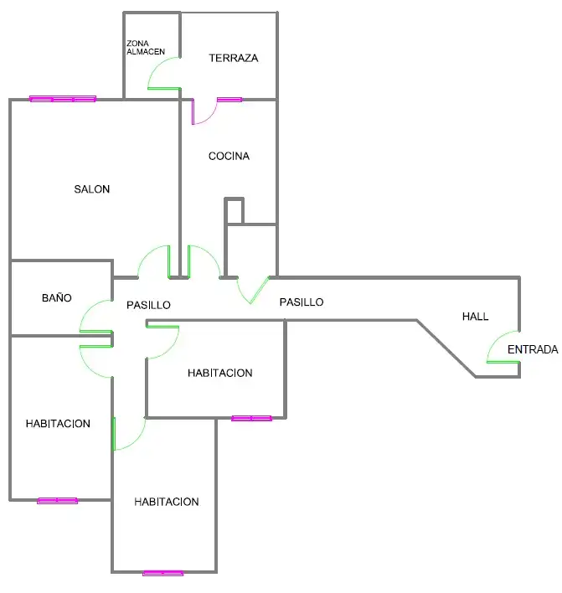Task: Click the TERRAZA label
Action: (x=234, y=58)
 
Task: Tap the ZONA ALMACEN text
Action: (x=146, y=48)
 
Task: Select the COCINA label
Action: (x=229, y=156)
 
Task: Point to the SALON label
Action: (x=92, y=189)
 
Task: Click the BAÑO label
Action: (x=57, y=297)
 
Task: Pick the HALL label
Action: (x=476, y=316)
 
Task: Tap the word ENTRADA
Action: (x=533, y=349)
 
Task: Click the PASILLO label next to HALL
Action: (x=302, y=302)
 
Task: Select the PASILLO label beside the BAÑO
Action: (x=148, y=305)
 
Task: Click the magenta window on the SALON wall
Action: (x=63, y=99)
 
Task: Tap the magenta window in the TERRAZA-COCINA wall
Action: (x=229, y=100)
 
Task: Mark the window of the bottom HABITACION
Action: (x=163, y=574)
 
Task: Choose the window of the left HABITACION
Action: (x=58, y=501)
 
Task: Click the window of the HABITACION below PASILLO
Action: (x=251, y=418)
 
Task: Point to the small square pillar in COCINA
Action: (x=235, y=211)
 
